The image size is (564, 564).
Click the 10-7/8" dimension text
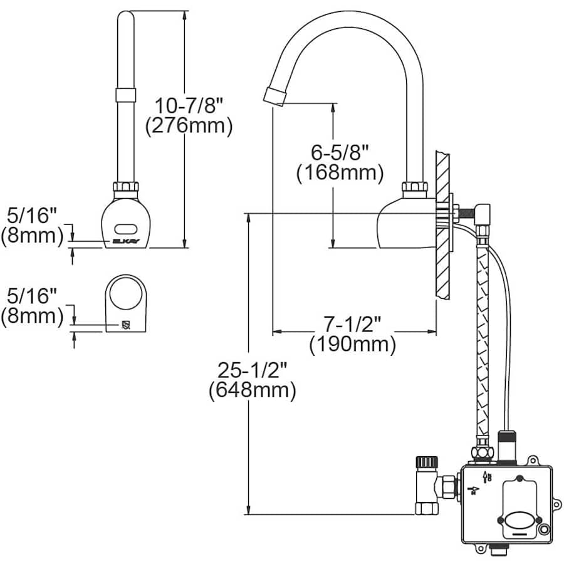(189, 103)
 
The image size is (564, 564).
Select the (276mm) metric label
(189, 126)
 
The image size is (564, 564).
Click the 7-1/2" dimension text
(353, 323)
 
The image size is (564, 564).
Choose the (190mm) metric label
(353, 345)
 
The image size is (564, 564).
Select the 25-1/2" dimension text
(252, 369)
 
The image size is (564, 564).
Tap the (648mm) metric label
(252, 391)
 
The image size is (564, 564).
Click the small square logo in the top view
(125, 325)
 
